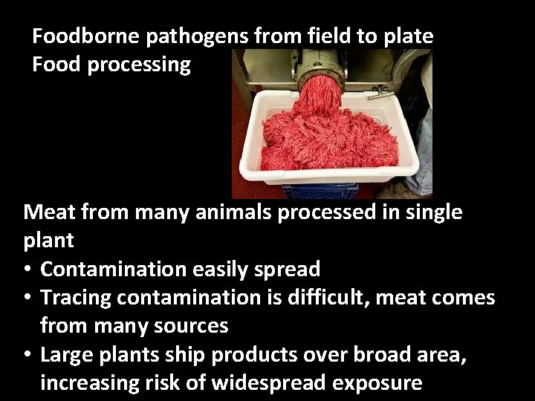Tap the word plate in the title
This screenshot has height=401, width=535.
pyautogui.click(x=408, y=36)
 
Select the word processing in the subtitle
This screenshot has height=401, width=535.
pyautogui.click(x=139, y=65)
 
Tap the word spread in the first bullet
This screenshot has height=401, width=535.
pyautogui.click(x=285, y=269)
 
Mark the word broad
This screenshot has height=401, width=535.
pyautogui.click(x=388, y=354)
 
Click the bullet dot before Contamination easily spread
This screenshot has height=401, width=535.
pyautogui.click(x=27, y=270)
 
